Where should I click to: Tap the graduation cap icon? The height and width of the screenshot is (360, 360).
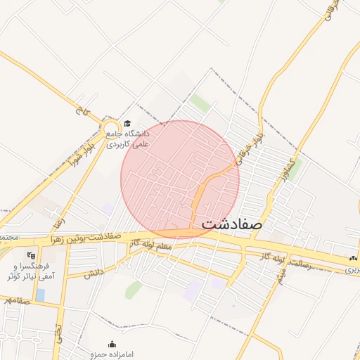coord(127,123)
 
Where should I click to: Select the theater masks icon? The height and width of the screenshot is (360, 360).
coord(30,255)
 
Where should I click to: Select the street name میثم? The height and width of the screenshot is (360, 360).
coord(281,276)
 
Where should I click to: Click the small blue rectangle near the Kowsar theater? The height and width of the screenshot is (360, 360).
coord(39,295)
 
